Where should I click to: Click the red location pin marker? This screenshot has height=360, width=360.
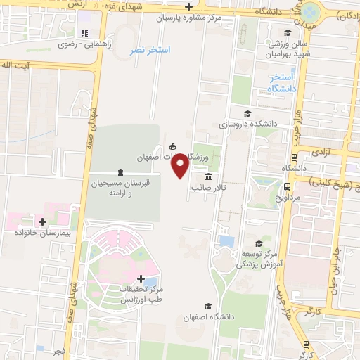coord(181,165)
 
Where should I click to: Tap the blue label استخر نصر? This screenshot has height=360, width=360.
coord(149,51)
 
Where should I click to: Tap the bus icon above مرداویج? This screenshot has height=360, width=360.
coord(288,186)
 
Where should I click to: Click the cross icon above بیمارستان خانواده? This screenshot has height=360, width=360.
coord(42,221)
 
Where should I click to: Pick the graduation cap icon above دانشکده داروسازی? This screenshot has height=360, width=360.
coord(247,114)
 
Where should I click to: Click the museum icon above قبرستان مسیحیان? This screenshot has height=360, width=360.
coord(120,173)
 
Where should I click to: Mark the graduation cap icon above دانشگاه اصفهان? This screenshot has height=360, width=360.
coord(207,307)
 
